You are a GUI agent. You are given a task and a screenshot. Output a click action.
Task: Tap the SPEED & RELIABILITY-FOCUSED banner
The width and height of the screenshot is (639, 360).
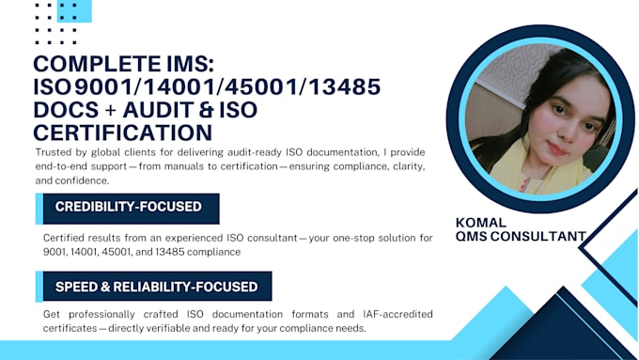pyautogui.click(x=156, y=287)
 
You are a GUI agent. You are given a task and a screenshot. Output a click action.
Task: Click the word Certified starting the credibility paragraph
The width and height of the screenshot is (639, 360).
pyautogui.click(x=65, y=238)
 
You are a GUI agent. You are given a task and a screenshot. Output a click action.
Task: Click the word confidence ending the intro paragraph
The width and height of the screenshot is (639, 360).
pyautogui.click(x=81, y=180)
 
